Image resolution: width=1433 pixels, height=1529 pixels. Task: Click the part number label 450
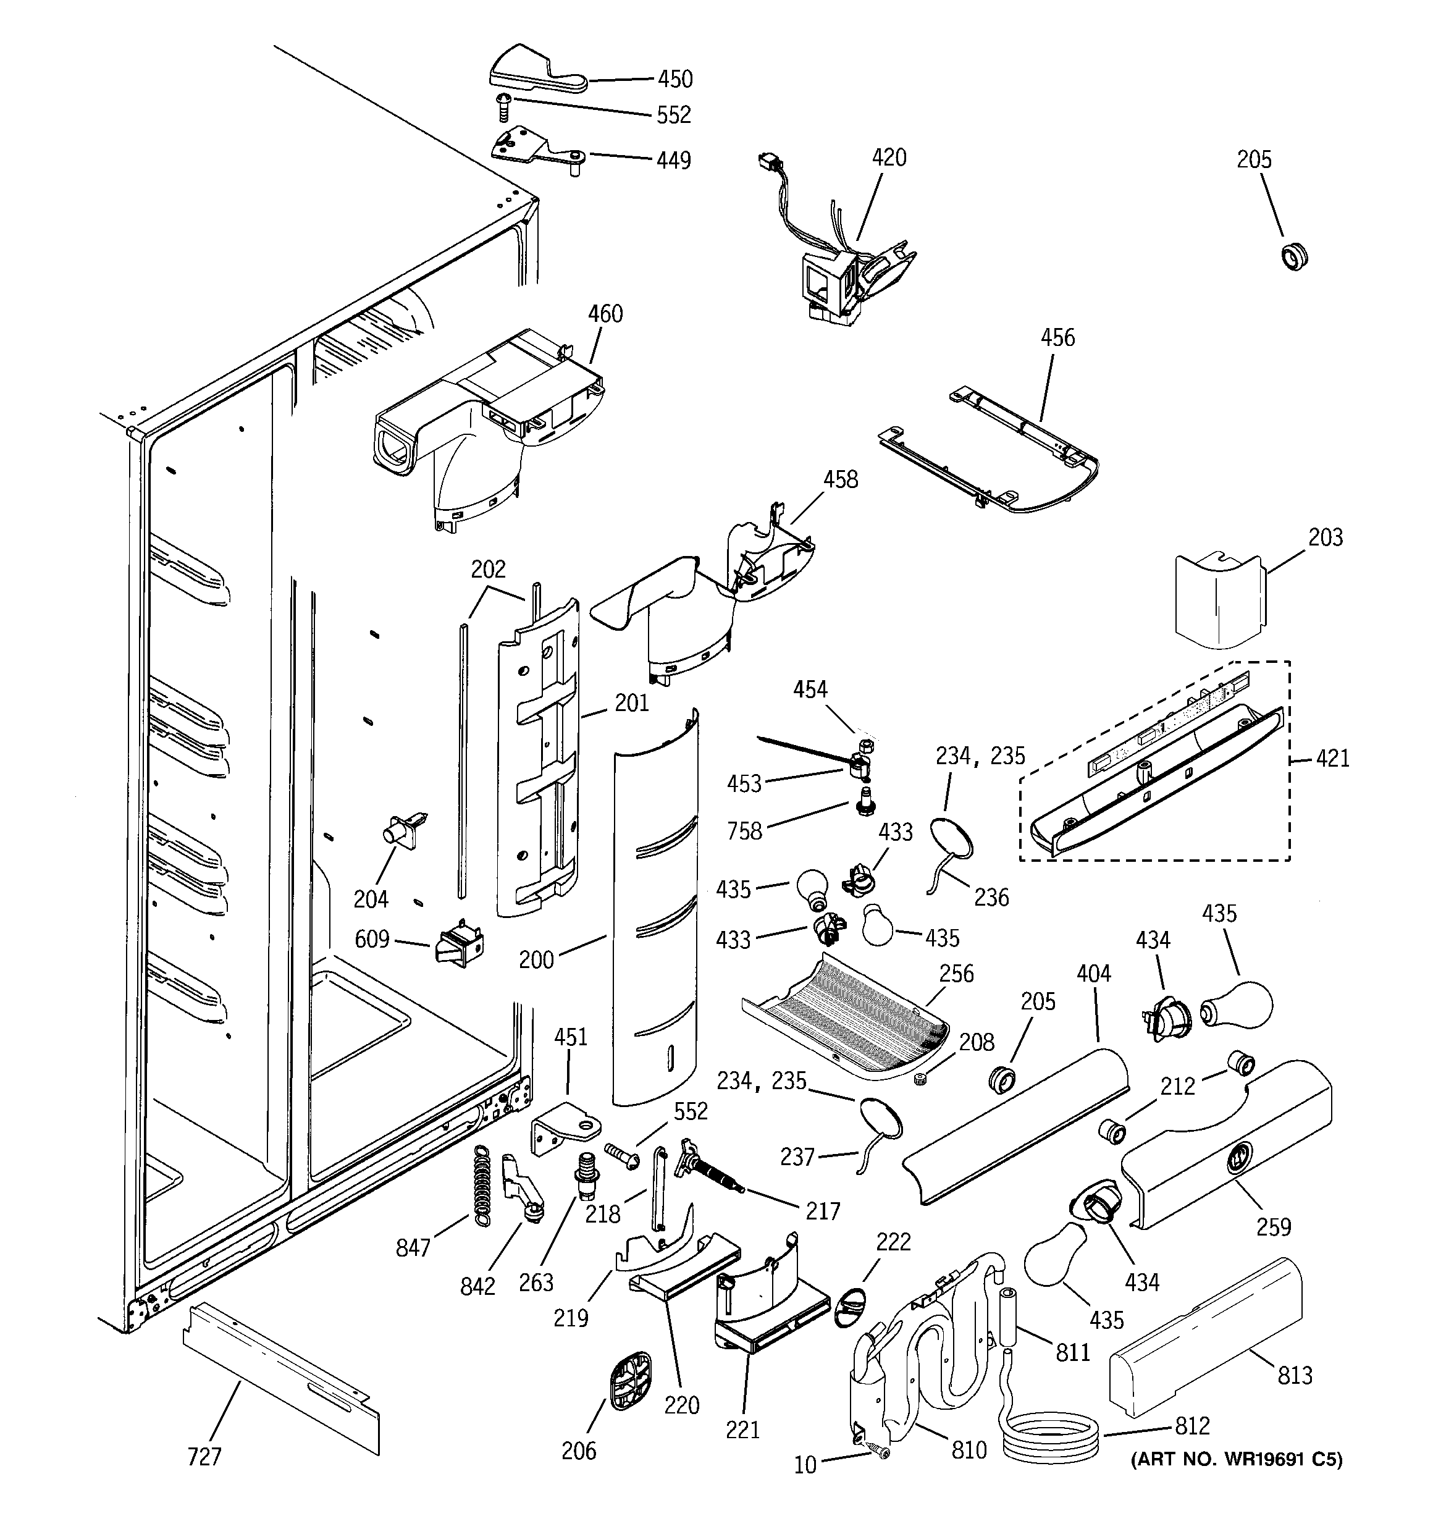tap(674, 79)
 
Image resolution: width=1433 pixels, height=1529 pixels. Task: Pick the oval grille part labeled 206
tap(630, 1382)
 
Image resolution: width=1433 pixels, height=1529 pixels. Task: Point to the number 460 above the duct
tap(605, 314)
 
